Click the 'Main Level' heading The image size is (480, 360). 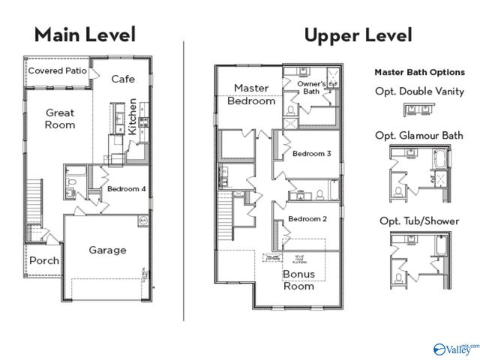pos(85,34)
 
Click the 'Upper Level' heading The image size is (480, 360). pos(358,34)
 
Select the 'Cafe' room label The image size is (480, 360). pos(123,79)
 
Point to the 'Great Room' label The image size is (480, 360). pos(59,118)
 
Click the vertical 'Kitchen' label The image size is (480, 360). pos(133,116)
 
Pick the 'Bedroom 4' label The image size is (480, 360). pos(126,189)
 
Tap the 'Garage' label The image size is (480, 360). pos(108,250)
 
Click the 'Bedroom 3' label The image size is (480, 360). pos(312,154)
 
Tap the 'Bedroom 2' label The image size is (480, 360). pos(307,219)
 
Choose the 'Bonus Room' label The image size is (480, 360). pos(298,280)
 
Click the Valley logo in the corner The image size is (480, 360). pos(454,349)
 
